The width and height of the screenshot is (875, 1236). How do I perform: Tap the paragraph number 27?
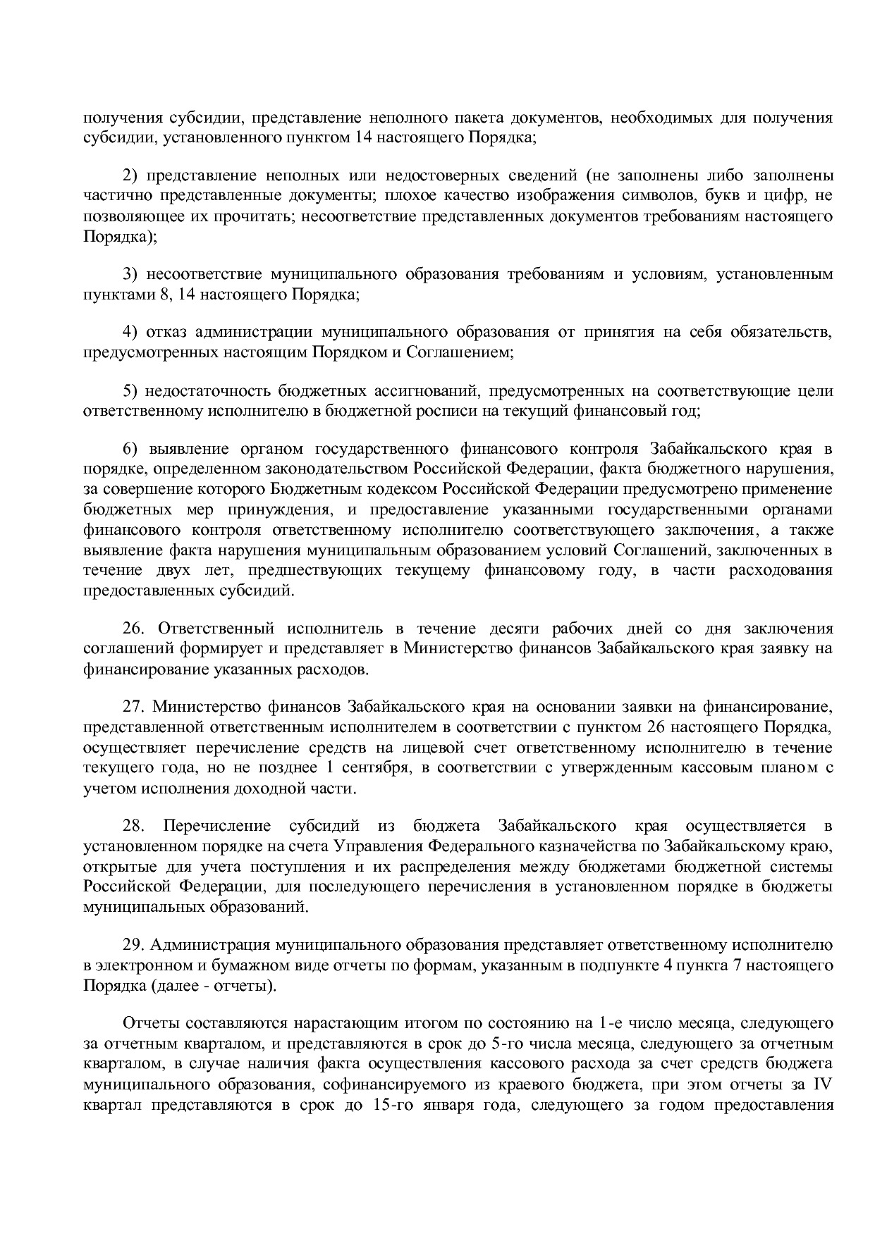135,707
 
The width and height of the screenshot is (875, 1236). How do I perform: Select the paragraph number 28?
135,826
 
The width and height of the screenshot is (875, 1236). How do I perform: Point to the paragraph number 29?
135,945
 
